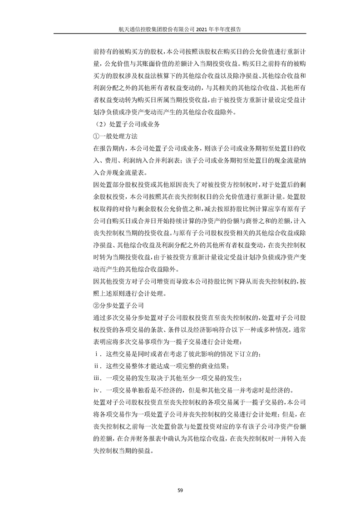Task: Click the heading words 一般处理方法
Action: click(115, 136)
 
